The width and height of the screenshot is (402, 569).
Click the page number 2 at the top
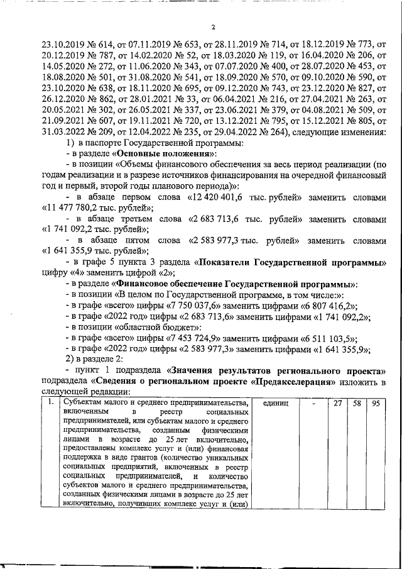213,27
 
